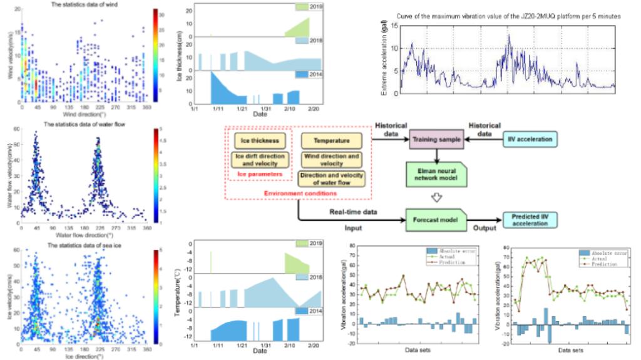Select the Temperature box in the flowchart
(331, 140)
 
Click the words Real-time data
(352, 212)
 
